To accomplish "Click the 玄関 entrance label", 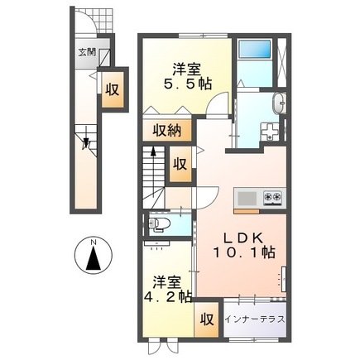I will (x=86, y=50).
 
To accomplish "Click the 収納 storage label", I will (x=168, y=129).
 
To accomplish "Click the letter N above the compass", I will (x=93, y=241).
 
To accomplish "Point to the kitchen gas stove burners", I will (x=273, y=198).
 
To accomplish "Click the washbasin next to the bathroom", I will (x=279, y=103).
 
